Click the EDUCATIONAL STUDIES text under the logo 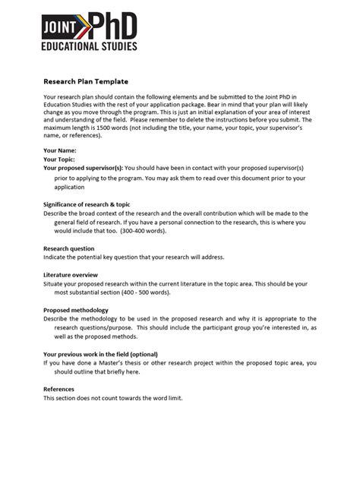point(90,46)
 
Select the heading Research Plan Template point(86,81)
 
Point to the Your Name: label point(60,151)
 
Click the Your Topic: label point(60,160)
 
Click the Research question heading point(69,248)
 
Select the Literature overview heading point(71,274)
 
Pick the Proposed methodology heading point(76,310)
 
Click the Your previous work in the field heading point(101,354)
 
